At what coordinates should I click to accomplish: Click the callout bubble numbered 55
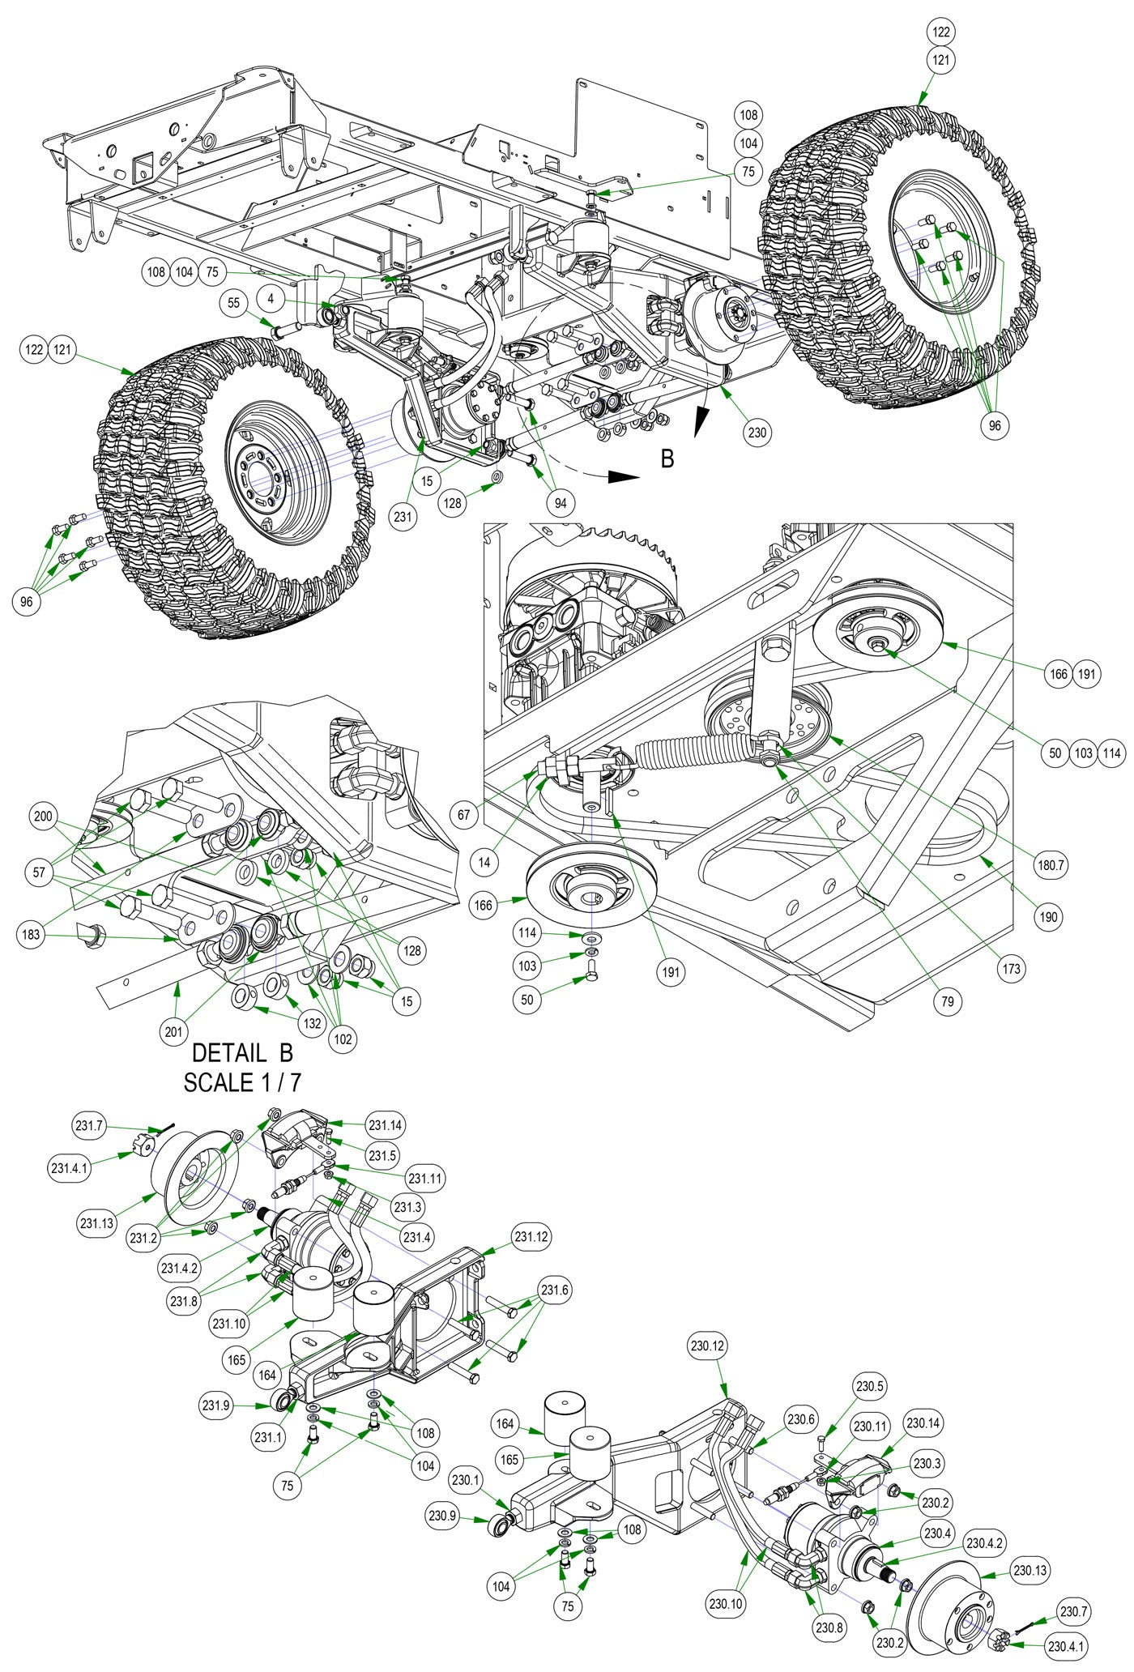click(x=233, y=303)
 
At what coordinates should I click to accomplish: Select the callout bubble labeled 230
click(x=757, y=433)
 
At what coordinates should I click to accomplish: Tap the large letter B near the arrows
click(x=667, y=459)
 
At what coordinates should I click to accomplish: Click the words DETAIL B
click(x=242, y=1054)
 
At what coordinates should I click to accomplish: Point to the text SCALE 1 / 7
click(x=242, y=1083)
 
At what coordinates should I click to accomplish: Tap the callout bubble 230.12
click(x=709, y=1347)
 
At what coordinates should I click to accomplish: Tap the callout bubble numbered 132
click(x=313, y=1023)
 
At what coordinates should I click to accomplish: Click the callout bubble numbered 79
click(x=947, y=1001)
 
